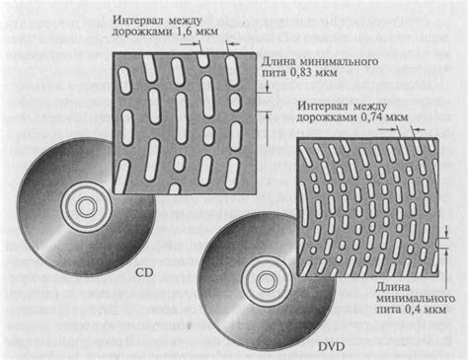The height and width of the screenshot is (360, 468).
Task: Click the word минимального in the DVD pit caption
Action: [406, 302]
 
